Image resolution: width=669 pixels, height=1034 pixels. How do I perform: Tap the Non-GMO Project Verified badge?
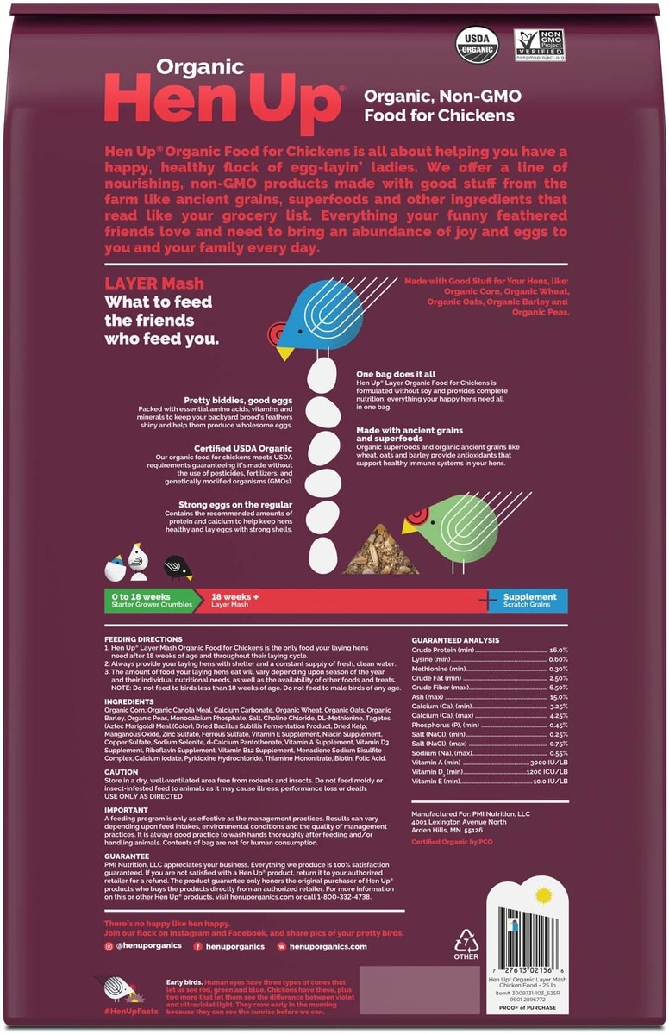click(x=539, y=45)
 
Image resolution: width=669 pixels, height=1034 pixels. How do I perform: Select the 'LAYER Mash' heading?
click(x=154, y=283)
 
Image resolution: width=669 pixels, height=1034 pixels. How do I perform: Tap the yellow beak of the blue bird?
click(x=284, y=353)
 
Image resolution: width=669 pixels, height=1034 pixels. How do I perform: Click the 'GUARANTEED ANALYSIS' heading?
click(x=455, y=640)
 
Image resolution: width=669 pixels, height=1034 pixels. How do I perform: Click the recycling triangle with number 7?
click(x=466, y=942)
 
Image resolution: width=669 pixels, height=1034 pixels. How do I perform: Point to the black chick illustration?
click(x=178, y=566)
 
